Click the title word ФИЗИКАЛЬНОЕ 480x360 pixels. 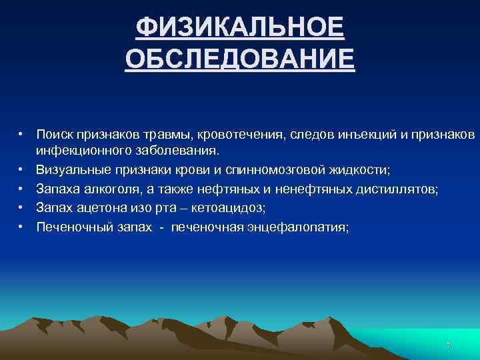click(x=239, y=28)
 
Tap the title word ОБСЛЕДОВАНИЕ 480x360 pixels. click(x=239, y=59)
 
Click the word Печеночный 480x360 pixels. click(x=69, y=227)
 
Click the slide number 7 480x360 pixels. click(x=449, y=346)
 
